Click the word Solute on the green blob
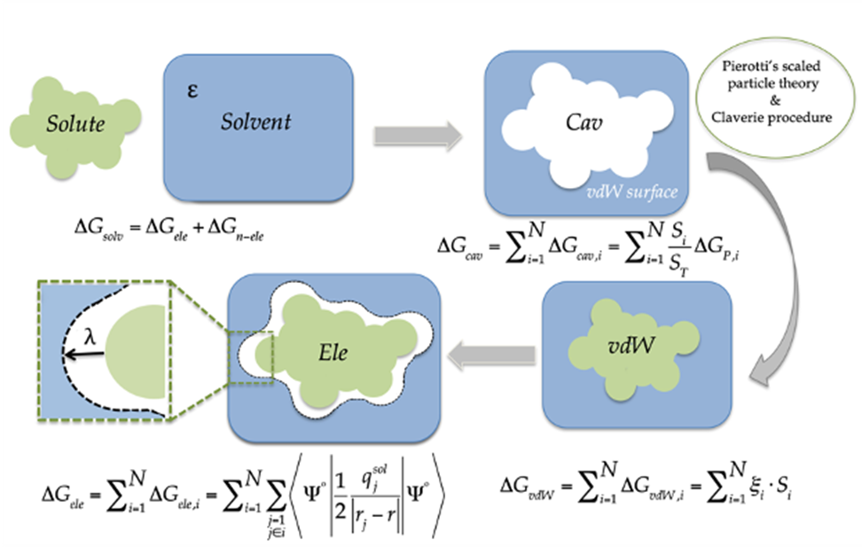pyautogui.click(x=75, y=124)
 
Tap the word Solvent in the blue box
pyautogui.click(x=255, y=121)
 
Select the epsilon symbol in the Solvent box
pyautogui.click(x=192, y=90)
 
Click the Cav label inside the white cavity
pyautogui.click(x=584, y=122)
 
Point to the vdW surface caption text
pyautogui.click(x=631, y=191)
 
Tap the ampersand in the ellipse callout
pyautogui.click(x=775, y=100)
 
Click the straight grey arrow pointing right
pyautogui.click(x=418, y=136)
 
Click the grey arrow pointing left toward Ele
pyautogui.click(x=491, y=356)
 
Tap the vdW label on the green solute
pyautogui.click(x=631, y=345)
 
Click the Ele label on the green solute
pyautogui.click(x=333, y=352)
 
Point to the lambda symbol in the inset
pyautogui.click(x=90, y=337)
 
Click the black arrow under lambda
pyautogui.click(x=83, y=355)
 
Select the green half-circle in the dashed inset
pyautogui.click(x=135, y=352)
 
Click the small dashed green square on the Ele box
pyautogui.click(x=250, y=357)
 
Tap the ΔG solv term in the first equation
pyautogui.click(x=99, y=227)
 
